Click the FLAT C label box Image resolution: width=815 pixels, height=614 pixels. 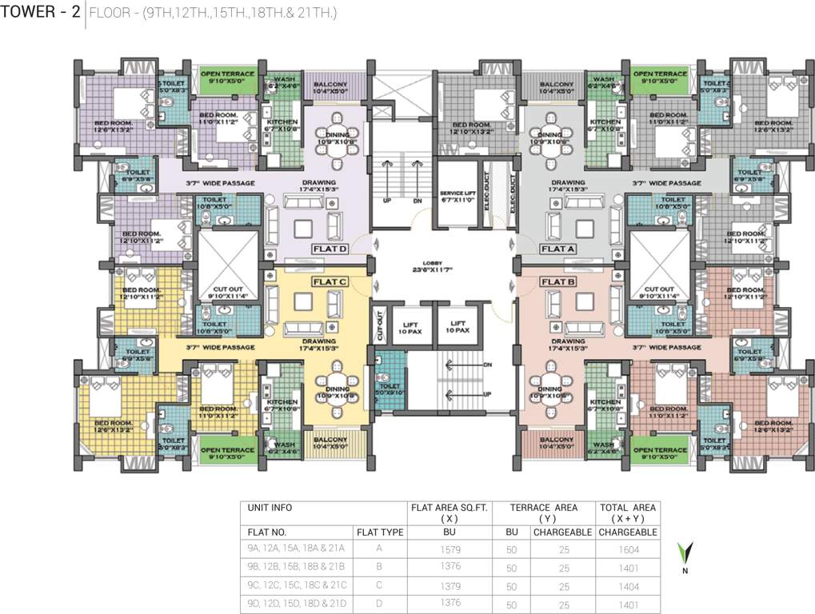pyautogui.click(x=328, y=282)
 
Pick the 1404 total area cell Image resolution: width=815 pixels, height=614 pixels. pyautogui.click(x=628, y=586)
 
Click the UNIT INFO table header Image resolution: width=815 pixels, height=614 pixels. pyautogui.click(x=270, y=508)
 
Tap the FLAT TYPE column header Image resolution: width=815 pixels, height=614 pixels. pyautogui.click(x=380, y=532)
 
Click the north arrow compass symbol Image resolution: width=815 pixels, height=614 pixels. pyautogui.click(x=685, y=555)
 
